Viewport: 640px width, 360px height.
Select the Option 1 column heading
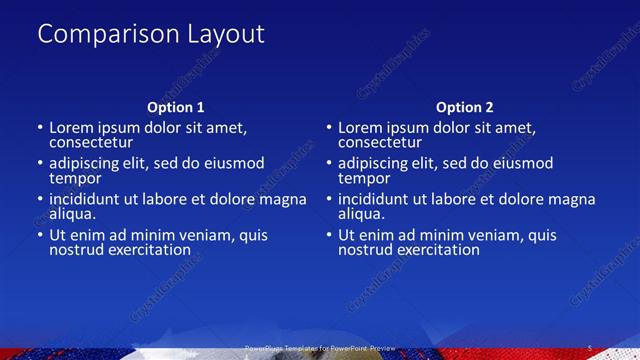tap(176, 107)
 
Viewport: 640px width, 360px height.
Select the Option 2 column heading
tap(464, 107)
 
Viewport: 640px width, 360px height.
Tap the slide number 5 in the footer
tap(590, 348)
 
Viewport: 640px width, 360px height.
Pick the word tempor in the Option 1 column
tap(74, 178)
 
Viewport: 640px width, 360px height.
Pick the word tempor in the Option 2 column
tap(363, 178)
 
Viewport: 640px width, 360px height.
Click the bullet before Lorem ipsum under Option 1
tap(40, 129)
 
